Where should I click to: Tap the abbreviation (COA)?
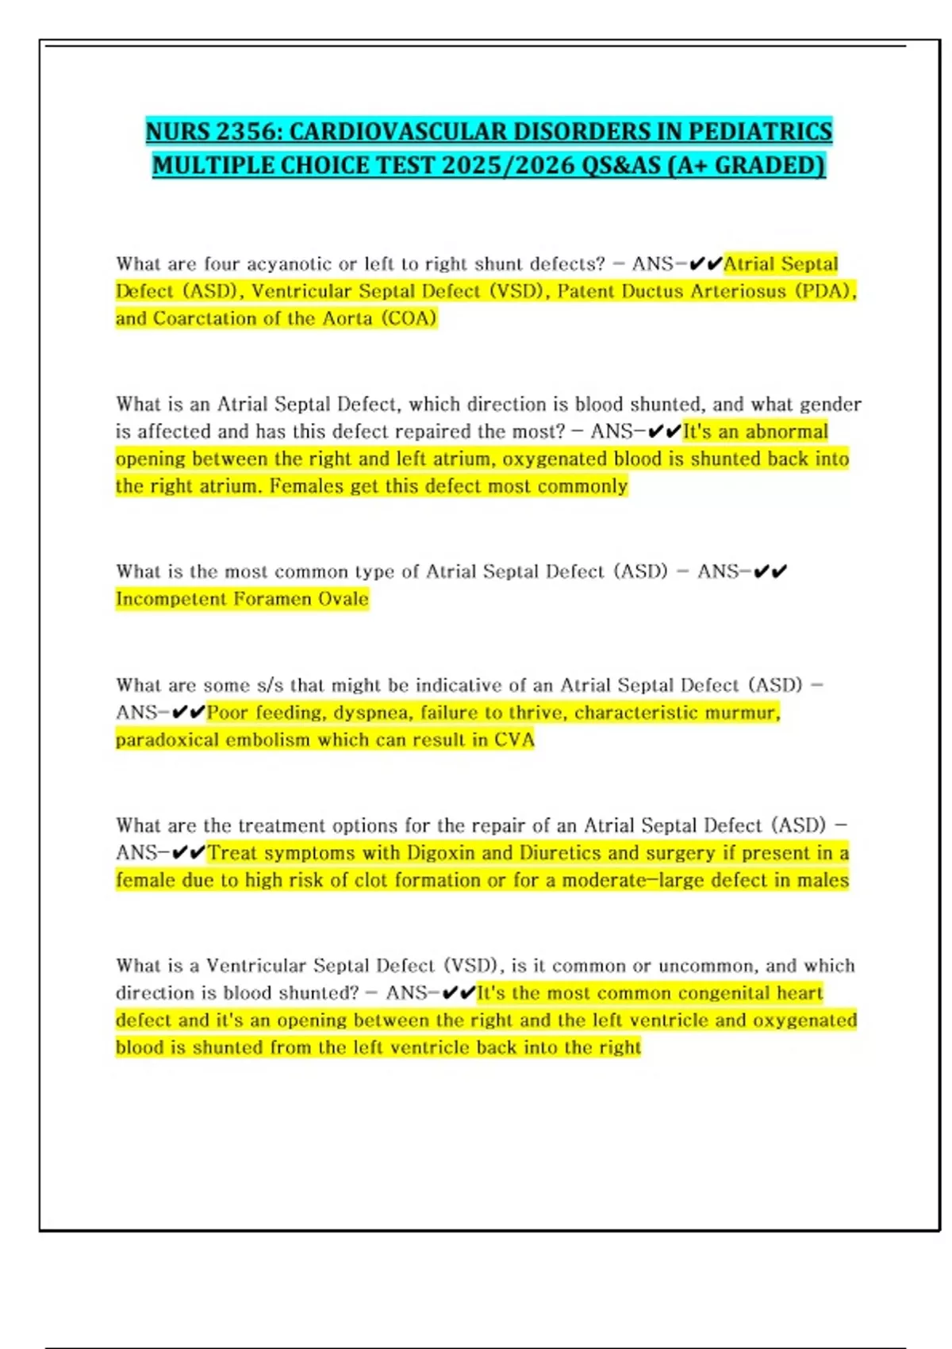409,318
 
